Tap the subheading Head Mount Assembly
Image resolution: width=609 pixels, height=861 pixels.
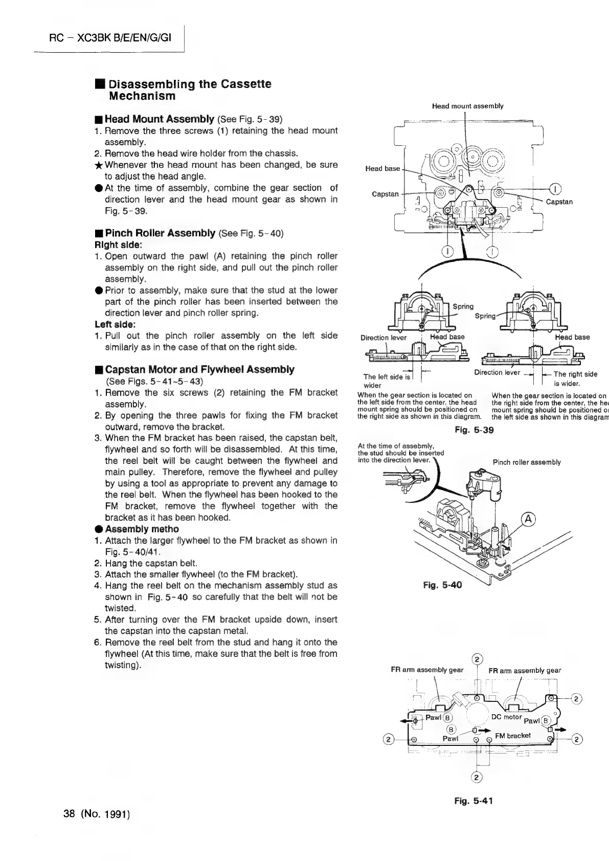[159, 119]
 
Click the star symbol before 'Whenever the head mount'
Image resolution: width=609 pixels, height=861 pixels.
[99, 165]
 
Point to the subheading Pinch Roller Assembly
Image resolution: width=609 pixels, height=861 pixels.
[160, 233]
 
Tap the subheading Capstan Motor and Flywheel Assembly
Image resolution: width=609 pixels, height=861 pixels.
[199, 369]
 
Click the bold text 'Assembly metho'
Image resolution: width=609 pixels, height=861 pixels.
[142, 529]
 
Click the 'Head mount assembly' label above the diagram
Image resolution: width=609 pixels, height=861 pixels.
[467, 106]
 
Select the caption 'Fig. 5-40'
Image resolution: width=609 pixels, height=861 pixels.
[442, 585]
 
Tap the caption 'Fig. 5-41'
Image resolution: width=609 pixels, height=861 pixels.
[473, 801]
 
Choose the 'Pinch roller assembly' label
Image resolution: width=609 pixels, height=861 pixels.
[526, 462]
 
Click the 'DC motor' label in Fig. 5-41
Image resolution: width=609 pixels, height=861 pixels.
[506, 717]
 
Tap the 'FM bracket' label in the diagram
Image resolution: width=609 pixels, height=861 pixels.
[512, 736]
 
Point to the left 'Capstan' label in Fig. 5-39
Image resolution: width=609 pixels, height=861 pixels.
[385, 194]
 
